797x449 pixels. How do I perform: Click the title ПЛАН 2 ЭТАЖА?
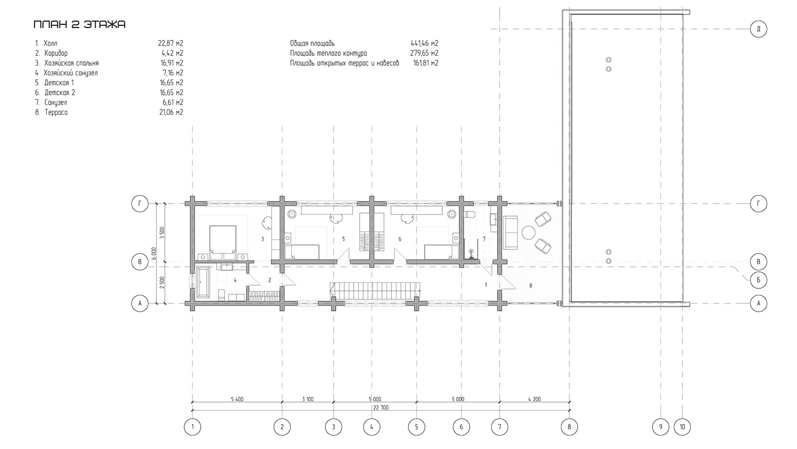pos(79,24)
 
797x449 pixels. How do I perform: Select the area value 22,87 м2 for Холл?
pos(170,43)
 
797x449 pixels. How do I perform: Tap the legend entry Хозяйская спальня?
pos(72,63)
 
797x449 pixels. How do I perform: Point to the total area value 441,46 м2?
pos(424,43)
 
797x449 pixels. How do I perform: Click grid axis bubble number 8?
pos(569,427)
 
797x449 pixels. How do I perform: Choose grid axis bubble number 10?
pos(682,427)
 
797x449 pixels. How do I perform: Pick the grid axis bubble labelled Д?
pos(759,29)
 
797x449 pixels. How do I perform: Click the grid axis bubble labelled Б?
pos(759,280)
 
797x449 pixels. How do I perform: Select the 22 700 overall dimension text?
pos(381,408)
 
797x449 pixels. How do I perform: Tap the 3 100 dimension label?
pos(308,400)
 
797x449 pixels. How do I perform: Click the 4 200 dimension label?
pos(534,400)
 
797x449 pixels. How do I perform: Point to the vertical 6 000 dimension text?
pos(154,253)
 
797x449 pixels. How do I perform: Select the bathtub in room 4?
pos(203,281)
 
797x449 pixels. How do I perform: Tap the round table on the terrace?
pos(529,233)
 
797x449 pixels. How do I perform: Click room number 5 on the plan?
pos(343,239)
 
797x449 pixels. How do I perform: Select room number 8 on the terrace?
pos(531,285)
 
